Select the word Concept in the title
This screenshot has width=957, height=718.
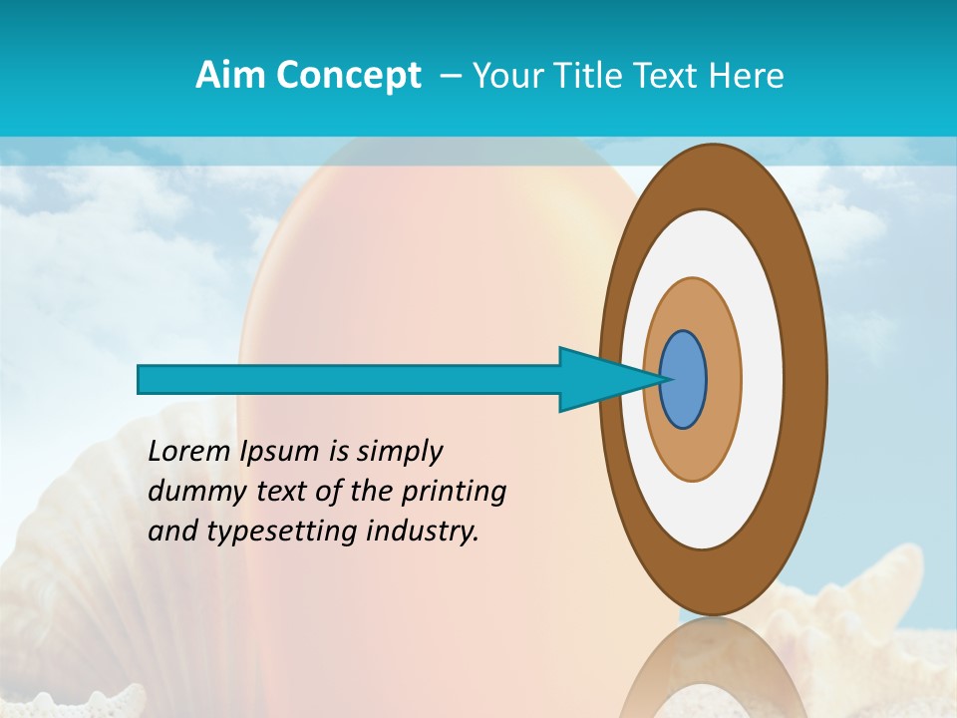click(x=348, y=76)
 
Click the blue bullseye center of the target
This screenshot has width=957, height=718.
click(x=684, y=380)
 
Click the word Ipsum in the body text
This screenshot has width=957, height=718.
click(x=280, y=453)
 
